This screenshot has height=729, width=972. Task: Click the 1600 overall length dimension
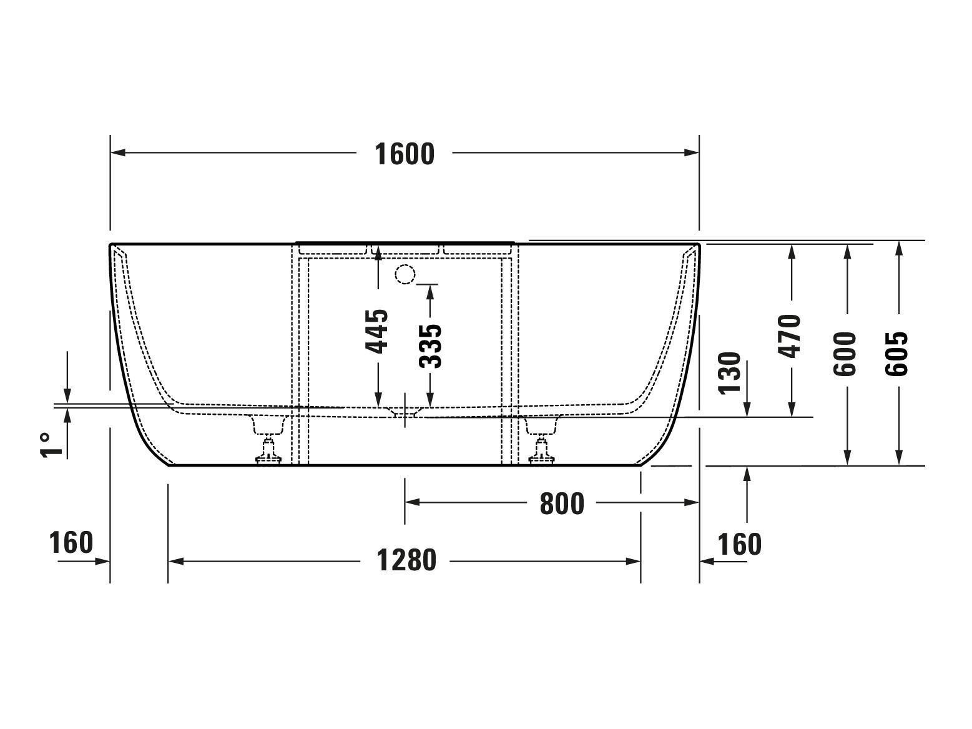(x=404, y=154)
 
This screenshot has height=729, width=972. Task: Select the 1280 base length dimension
(x=406, y=560)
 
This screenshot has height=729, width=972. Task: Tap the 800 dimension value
(x=561, y=503)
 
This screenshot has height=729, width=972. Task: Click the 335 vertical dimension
(x=430, y=345)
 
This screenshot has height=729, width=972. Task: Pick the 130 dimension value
(x=730, y=373)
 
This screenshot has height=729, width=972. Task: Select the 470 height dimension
(x=790, y=336)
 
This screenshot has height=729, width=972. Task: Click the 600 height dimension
(x=846, y=354)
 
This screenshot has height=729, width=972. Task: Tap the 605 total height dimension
(x=898, y=354)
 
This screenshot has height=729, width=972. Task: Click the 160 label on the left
(x=71, y=542)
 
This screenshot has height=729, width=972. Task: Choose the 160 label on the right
(x=739, y=544)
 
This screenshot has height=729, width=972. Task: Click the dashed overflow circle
(x=405, y=274)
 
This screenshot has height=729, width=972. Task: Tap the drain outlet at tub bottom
(x=405, y=412)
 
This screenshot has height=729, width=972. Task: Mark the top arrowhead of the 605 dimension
(x=899, y=247)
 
